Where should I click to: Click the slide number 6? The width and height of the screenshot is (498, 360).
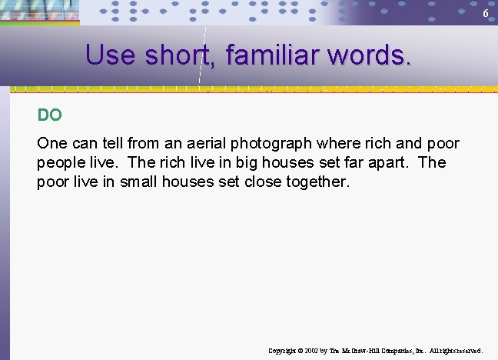(x=485, y=15)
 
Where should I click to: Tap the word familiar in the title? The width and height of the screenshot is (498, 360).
(x=277, y=55)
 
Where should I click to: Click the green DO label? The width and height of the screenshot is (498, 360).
(x=49, y=115)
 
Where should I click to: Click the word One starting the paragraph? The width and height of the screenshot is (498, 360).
(x=51, y=144)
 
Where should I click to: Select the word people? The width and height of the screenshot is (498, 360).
(x=59, y=163)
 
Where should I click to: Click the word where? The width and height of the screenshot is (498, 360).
(x=330, y=144)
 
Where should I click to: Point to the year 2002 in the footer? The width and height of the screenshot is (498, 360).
(x=311, y=351)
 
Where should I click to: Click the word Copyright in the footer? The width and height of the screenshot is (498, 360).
(x=283, y=351)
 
